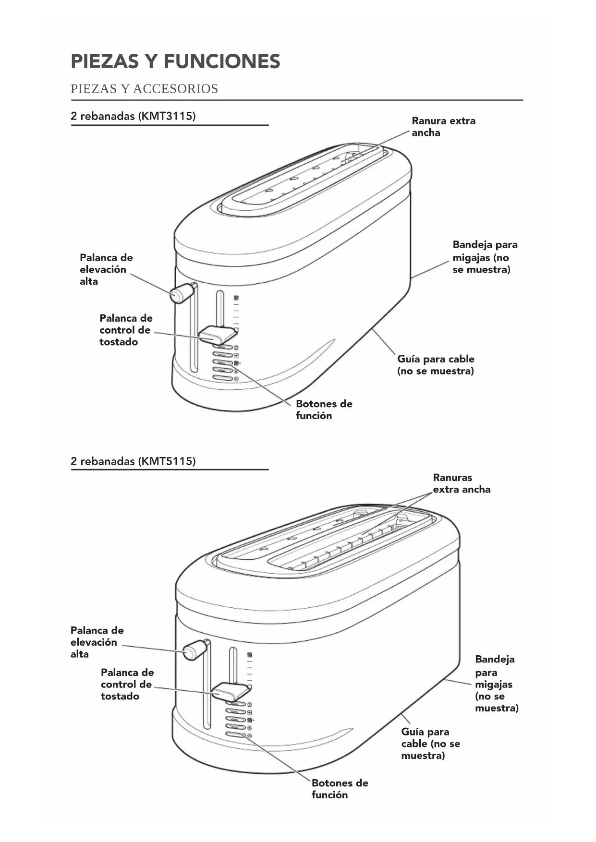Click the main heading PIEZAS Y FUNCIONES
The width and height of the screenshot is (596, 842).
tap(175, 62)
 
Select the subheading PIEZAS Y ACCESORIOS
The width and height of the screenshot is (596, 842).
tap(144, 89)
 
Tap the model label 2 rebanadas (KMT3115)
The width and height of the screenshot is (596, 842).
tap(133, 116)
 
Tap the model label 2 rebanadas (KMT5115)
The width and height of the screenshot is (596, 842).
tap(133, 461)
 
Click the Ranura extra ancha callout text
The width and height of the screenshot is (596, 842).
tap(443, 127)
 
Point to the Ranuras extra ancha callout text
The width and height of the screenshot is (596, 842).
tap(461, 483)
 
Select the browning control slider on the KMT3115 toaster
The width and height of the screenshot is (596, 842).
tap(217, 334)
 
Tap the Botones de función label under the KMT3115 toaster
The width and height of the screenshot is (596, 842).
tap(324, 410)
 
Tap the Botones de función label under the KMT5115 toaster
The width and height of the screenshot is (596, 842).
tap(340, 789)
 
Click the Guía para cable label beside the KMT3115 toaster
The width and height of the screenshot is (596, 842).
tap(435, 365)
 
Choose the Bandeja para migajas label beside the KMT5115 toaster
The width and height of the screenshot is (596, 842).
tap(496, 683)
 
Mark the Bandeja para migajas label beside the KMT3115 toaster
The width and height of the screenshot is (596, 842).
tap(485, 257)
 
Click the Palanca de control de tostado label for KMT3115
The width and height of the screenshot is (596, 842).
tap(125, 330)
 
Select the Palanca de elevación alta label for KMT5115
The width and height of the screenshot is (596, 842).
tap(97, 642)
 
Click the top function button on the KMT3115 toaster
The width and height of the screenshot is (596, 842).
tap(222, 347)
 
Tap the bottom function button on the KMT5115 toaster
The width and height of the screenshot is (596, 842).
tap(235, 735)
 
